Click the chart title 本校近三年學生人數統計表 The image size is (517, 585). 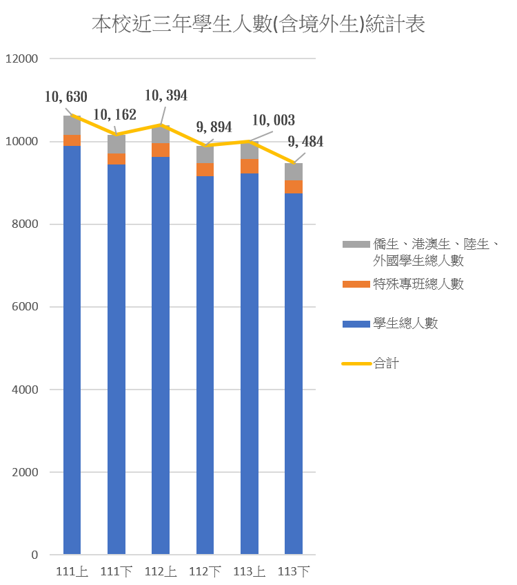coord(258,25)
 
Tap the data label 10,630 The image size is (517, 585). coord(66,98)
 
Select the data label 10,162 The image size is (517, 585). coord(114,115)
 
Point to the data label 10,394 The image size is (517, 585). coord(165,96)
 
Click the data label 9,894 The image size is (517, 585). coord(214,127)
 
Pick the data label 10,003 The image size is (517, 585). coord(273,120)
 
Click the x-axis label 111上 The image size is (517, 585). coord(72,572)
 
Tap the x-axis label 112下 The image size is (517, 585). coord(205,572)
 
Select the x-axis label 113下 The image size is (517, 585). coord(294,572)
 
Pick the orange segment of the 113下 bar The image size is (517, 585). coord(294,187)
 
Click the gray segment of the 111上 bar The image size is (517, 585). coord(72,125)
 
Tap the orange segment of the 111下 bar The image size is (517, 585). coord(116,159)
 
